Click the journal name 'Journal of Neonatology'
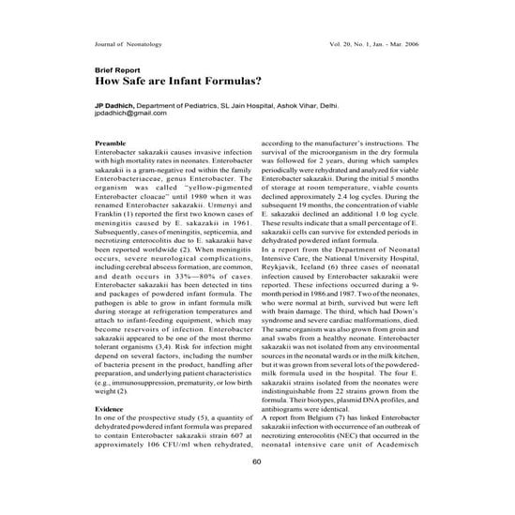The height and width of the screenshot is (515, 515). click(x=130, y=44)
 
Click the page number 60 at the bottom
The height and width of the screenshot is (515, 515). click(x=257, y=487)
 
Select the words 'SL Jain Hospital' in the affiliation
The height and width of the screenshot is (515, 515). click(x=248, y=106)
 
